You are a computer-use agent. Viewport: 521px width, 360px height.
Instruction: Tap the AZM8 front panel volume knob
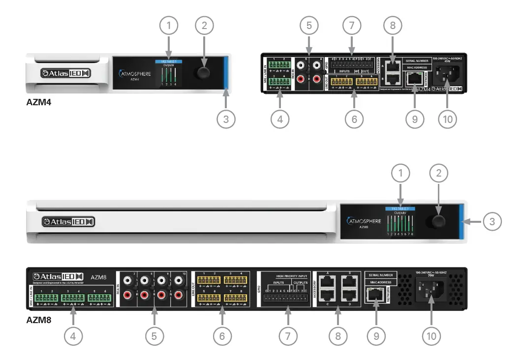tap(438, 221)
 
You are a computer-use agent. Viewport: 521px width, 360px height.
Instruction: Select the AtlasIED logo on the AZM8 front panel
tap(68, 222)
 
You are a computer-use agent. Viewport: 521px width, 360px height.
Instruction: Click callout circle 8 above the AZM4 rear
tap(393, 26)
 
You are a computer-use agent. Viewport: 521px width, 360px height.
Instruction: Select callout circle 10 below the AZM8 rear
tap(431, 336)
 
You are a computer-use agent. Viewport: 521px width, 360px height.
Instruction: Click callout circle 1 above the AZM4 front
tap(169, 26)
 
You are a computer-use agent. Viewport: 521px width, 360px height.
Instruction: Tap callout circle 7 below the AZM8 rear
tap(288, 336)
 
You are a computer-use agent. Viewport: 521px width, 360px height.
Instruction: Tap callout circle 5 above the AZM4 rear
tap(308, 26)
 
